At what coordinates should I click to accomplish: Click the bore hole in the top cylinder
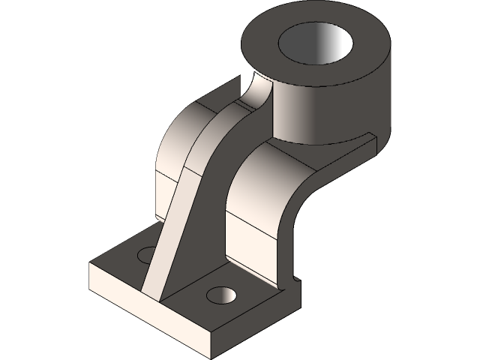[x=315, y=46]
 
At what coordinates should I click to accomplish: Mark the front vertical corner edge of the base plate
[x=211, y=341]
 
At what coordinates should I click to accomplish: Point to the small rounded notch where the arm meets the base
[x=296, y=280]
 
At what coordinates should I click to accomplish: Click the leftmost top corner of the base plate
[x=91, y=265]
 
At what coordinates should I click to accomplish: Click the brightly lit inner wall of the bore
[x=330, y=49]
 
